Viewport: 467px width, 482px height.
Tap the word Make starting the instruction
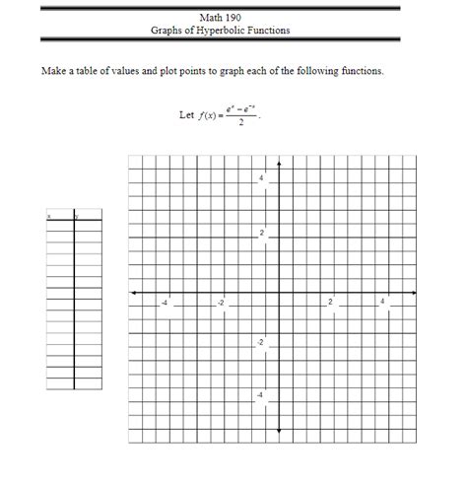54,72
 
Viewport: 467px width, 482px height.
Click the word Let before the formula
186,114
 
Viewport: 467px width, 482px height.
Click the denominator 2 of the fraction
241,122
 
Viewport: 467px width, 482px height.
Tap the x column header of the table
49,216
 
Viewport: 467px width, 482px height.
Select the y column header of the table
77,216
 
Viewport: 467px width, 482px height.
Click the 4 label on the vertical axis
261,178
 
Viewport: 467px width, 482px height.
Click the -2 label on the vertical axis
260,341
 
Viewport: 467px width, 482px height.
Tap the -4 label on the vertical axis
260,395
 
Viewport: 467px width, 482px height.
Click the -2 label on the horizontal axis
221,302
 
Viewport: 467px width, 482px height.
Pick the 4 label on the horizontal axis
382,302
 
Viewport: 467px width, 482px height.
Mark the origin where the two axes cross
279,292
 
